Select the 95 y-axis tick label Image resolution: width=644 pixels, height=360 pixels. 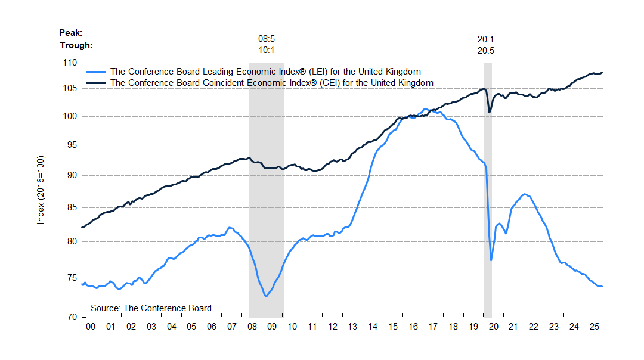point(72,145)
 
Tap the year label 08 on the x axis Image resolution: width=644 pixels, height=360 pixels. point(252,327)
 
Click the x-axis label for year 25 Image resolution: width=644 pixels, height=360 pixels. point(594,327)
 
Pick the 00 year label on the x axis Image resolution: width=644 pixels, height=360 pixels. point(91,327)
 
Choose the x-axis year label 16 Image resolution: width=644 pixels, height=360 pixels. point(413,327)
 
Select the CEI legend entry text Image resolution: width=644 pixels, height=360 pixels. point(272,83)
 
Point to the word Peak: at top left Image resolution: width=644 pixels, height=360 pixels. point(70,33)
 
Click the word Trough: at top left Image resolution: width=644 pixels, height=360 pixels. point(76,45)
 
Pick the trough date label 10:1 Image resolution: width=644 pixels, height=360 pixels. point(266,50)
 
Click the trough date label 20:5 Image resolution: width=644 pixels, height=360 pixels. point(486,50)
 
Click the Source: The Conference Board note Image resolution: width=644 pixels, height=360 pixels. point(151,308)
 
